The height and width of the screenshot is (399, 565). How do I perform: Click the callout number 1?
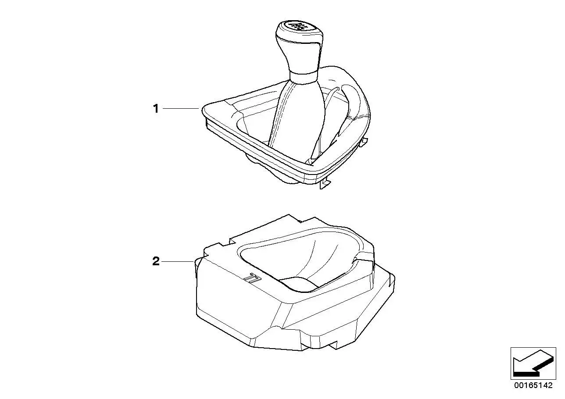(x=156, y=109)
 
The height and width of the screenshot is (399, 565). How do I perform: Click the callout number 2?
(x=156, y=261)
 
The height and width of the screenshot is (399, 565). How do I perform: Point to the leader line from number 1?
(x=181, y=108)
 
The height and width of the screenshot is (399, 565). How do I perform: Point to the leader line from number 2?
(x=178, y=262)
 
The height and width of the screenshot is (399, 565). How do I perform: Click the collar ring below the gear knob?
(x=303, y=76)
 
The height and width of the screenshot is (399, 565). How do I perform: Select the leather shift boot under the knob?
(x=297, y=118)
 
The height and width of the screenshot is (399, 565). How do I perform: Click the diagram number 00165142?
(x=533, y=385)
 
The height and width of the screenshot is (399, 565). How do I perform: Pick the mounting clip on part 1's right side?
(x=363, y=142)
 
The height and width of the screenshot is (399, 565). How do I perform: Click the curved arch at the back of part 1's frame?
(x=353, y=83)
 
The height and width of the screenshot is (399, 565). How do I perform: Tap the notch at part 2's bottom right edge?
(x=333, y=346)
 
